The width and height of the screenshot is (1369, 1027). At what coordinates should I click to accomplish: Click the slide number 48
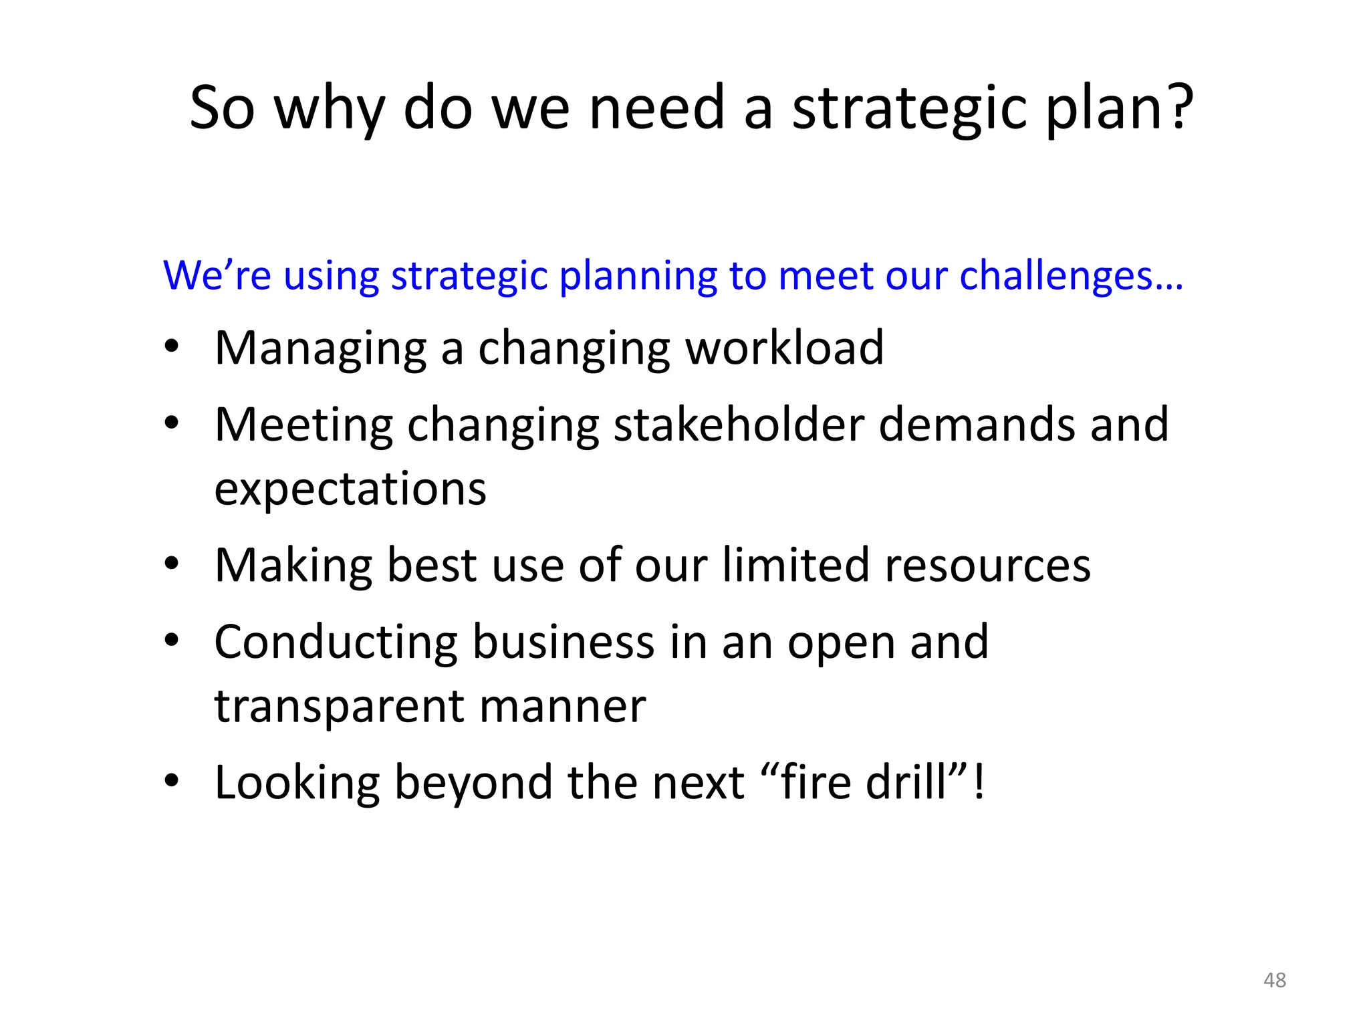pyautogui.click(x=1274, y=980)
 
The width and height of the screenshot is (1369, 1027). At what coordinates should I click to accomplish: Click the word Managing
pyautogui.click(x=320, y=350)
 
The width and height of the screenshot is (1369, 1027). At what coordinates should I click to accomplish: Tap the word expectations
pyautogui.click(x=350, y=490)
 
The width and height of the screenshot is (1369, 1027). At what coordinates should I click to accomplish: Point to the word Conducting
pyautogui.click(x=336, y=643)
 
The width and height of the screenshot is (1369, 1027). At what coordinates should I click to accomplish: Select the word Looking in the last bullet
pyautogui.click(x=297, y=783)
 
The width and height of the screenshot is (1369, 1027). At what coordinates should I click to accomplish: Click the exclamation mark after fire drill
pyautogui.click(x=979, y=782)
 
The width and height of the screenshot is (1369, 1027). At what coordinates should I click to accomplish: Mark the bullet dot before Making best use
pyautogui.click(x=172, y=564)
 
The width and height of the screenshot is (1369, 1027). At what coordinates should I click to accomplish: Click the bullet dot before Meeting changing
pyautogui.click(x=172, y=423)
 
